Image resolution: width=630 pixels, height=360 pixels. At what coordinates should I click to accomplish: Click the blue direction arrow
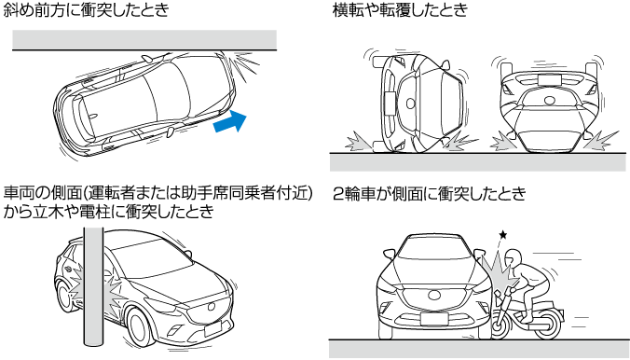click(230, 120)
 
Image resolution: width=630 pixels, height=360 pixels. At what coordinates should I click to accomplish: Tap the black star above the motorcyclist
click(502, 234)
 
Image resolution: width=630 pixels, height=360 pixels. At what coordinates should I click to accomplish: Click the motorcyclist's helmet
click(513, 258)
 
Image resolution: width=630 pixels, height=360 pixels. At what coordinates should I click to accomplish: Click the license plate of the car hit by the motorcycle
click(434, 319)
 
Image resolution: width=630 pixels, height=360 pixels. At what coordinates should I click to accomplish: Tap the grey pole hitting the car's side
click(93, 291)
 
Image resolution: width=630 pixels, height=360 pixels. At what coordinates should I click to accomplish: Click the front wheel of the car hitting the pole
click(140, 325)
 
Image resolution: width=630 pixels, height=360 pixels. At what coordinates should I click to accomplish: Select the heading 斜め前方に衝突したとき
click(86, 9)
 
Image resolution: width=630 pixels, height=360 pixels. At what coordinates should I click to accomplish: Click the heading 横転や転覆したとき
click(400, 9)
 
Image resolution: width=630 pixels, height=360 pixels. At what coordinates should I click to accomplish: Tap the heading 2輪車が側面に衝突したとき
click(429, 193)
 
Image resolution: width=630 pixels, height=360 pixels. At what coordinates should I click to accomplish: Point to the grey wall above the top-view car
click(144, 40)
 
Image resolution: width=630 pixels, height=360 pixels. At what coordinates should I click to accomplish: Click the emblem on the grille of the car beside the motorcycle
click(434, 295)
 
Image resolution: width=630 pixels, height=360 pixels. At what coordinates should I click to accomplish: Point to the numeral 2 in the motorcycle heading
click(338, 194)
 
